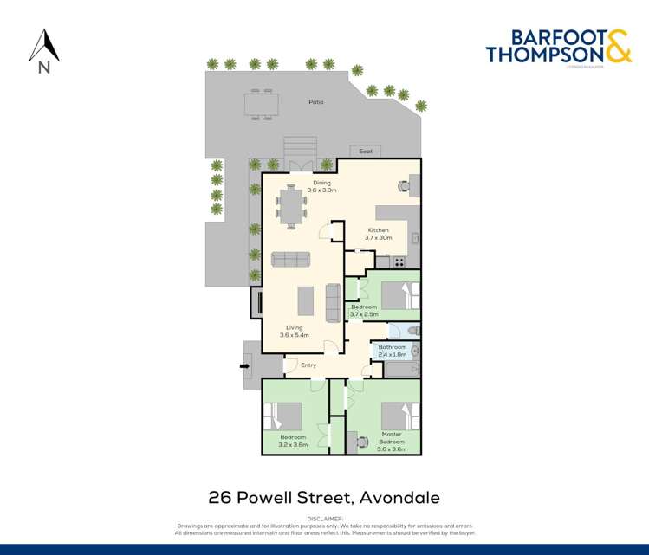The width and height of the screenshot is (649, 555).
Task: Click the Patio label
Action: coord(316,103)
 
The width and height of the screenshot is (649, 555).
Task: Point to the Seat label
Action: coord(366,152)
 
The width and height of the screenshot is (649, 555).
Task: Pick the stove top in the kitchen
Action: coord(399,261)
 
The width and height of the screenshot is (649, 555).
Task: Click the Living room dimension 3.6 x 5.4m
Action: coord(295,334)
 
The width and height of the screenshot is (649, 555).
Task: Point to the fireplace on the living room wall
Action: coord(256,301)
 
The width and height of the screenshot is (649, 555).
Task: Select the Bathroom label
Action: coord(393,347)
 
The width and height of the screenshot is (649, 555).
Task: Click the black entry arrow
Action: coord(244,365)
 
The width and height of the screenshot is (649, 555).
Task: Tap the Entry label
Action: coord(308,365)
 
